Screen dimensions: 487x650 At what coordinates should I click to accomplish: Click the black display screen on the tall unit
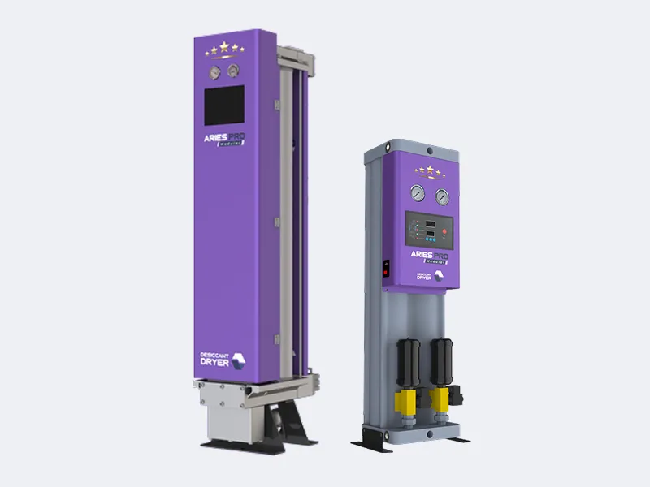(223, 106)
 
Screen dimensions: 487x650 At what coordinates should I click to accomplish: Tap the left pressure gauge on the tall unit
(213, 71)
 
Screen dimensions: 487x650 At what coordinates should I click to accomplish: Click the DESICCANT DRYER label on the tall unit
(218, 360)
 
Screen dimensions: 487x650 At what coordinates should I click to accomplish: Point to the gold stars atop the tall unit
(223, 50)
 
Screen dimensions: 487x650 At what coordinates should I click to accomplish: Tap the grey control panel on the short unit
(430, 231)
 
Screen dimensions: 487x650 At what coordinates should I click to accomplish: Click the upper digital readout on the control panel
(423, 220)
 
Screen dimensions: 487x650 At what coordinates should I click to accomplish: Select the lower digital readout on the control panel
(423, 233)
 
